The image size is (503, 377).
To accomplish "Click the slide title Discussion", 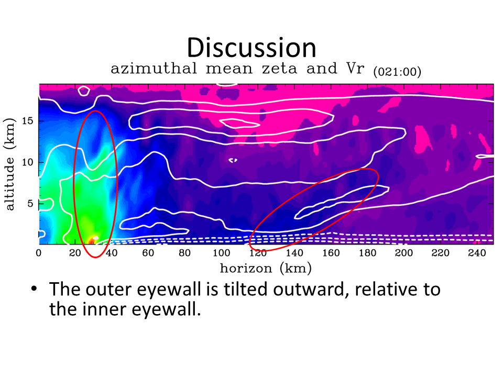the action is [x=251, y=48].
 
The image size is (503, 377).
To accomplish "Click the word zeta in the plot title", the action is [x=279, y=68].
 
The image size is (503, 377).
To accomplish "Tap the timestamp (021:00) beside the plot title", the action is [x=397, y=71].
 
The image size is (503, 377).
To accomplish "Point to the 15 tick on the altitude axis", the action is [x=28, y=121].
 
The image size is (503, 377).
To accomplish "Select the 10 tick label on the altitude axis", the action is [x=28, y=162].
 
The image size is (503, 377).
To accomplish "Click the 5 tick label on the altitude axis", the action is [x=30, y=204].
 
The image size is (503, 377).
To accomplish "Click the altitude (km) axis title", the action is [x=9, y=164].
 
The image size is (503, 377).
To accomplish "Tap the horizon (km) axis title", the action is [x=266, y=268].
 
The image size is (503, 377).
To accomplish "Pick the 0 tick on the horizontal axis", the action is [x=38, y=253].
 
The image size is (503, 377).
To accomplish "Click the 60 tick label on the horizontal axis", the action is [x=148, y=253].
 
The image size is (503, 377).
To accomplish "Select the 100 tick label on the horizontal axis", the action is [x=221, y=253].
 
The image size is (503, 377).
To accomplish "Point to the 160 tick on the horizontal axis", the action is [x=331, y=253].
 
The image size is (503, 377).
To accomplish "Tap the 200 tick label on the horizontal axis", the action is [x=404, y=253].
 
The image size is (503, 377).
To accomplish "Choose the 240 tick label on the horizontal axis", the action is [x=477, y=253].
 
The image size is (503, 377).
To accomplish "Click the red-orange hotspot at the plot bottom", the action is [x=93, y=239].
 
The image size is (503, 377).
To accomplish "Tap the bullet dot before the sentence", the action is [x=34, y=289].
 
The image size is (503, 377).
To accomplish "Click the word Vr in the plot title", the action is [x=355, y=68].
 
